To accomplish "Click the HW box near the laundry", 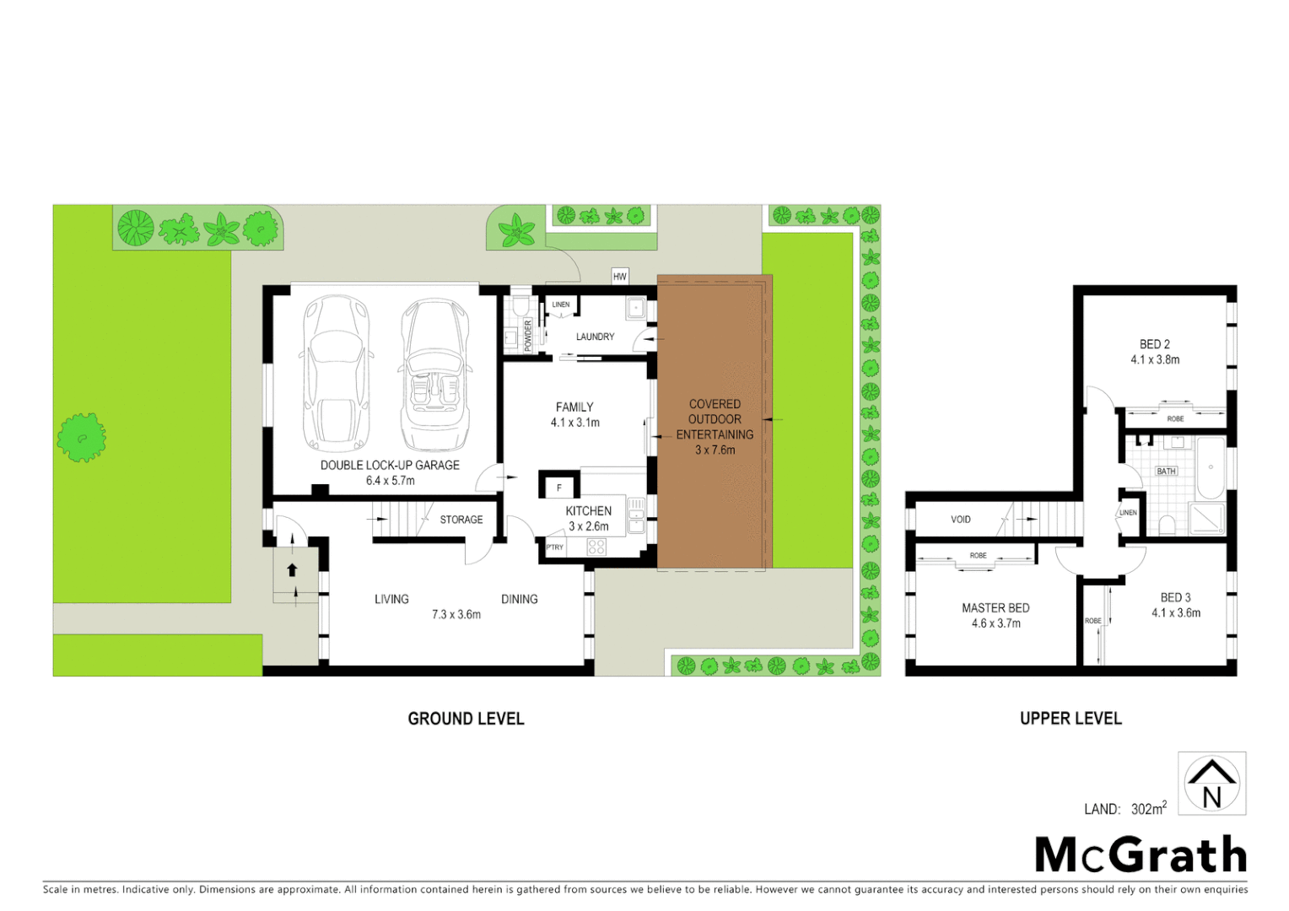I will [620, 277].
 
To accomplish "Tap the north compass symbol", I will [1211, 784].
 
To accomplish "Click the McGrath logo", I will [1141, 854].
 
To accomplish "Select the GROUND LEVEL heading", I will [466, 719].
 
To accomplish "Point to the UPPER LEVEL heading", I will [1071, 719].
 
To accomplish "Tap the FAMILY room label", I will [574, 407].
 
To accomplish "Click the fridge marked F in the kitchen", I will [558, 487].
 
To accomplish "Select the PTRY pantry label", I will [554, 547].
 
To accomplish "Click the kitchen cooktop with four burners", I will [596, 547].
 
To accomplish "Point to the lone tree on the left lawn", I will [81, 437].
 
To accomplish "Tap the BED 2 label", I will [1154, 344].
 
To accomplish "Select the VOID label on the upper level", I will [960, 520].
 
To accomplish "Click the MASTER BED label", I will [995, 607].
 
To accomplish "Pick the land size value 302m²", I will [1148, 809].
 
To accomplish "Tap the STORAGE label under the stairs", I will [461, 520].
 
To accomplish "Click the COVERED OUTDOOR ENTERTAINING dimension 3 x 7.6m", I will [715, 450].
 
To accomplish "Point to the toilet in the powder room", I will [520, 305].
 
